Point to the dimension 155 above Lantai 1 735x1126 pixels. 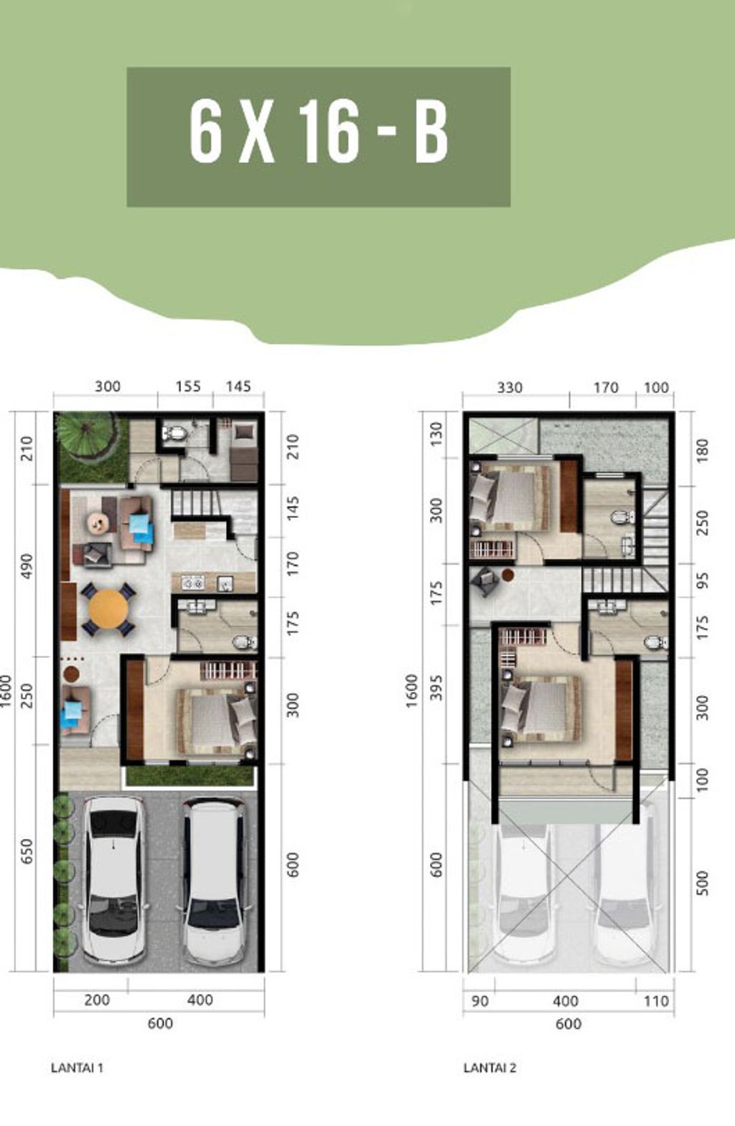188,386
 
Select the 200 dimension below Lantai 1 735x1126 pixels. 96,1000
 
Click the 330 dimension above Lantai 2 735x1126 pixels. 510,388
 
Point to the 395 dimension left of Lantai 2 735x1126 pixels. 437,689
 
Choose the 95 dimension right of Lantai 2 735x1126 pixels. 703,581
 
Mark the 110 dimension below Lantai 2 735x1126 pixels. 655,1001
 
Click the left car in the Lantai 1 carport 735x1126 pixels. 113,878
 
